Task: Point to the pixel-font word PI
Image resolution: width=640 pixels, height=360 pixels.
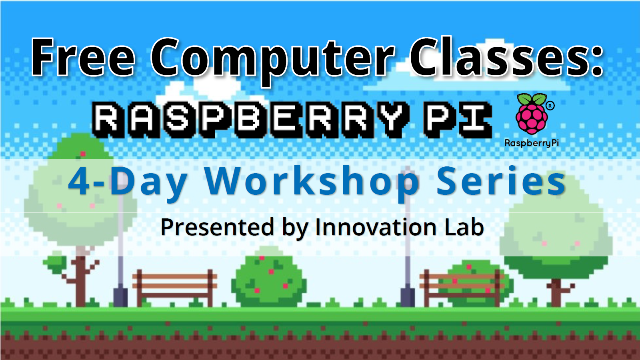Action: [x=458, y=119]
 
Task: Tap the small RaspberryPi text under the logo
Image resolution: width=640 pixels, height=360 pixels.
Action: [x=532, y=143]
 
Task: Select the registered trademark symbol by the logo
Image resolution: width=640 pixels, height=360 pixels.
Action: [x=550, y=106]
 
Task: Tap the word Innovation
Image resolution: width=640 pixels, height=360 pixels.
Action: [x=376, y=227]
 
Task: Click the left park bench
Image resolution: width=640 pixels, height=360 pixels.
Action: [x=175, y=286]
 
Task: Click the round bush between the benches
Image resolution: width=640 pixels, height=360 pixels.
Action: [x=268, y=280]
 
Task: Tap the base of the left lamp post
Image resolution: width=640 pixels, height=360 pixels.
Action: [x=120, y=296]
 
